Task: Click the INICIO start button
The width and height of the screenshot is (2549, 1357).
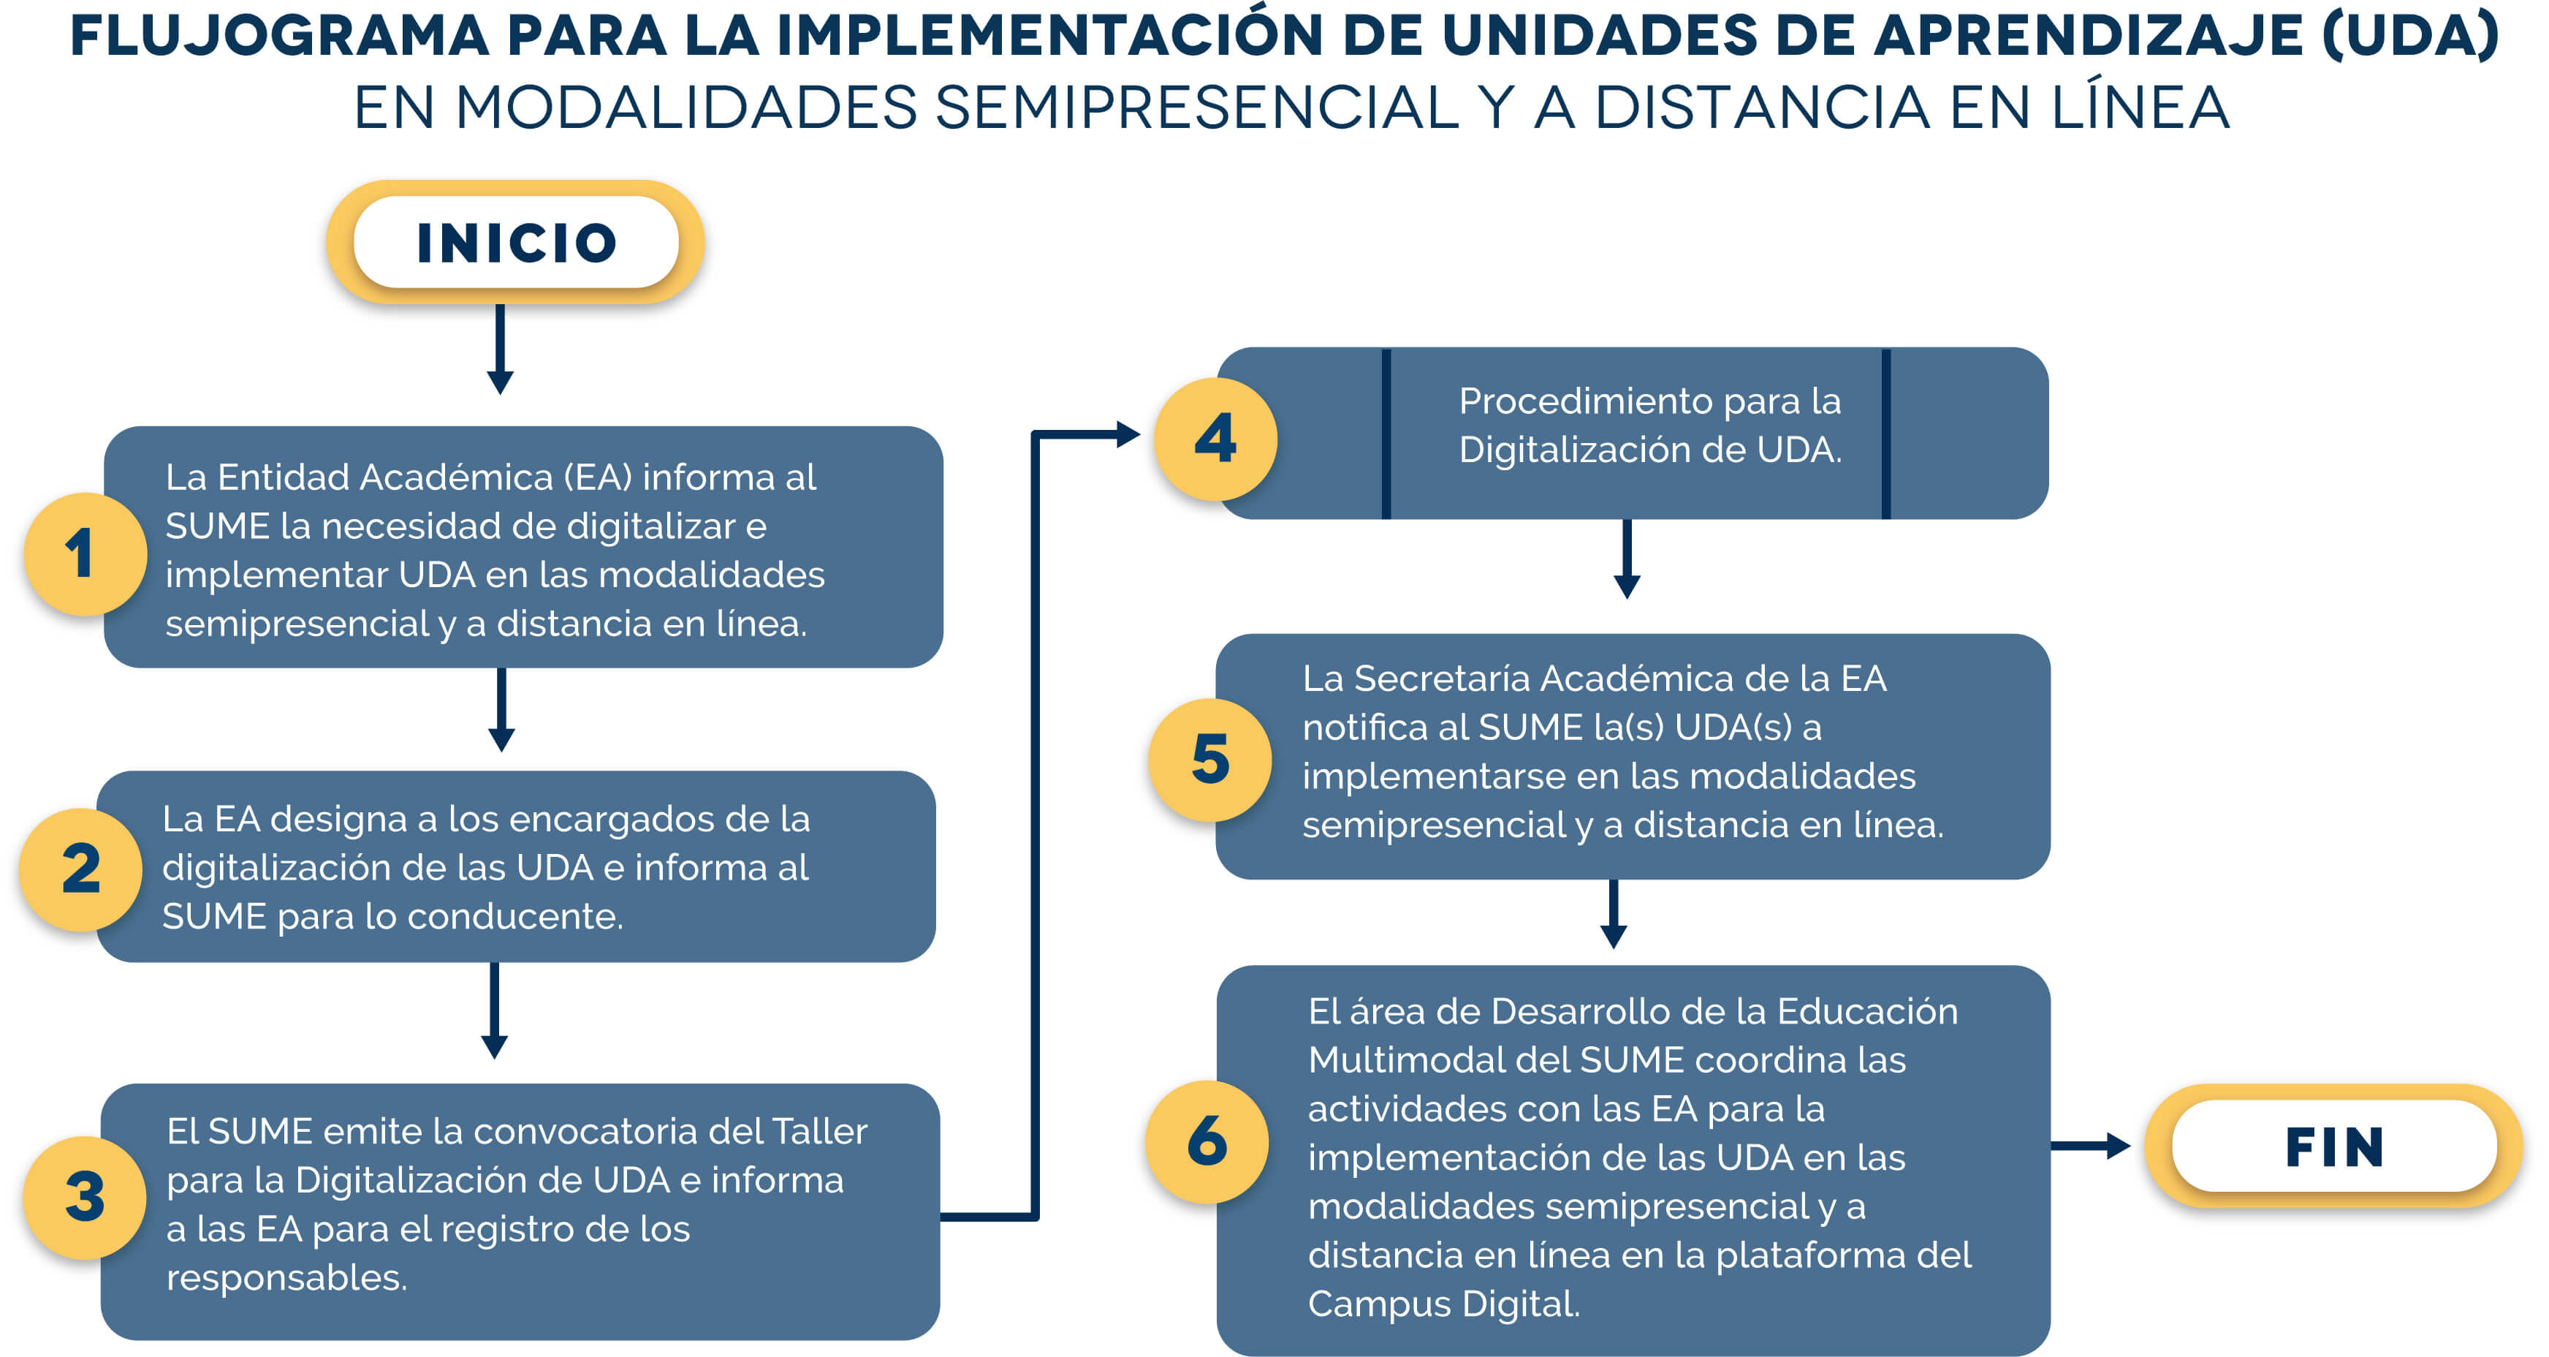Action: [515, 243]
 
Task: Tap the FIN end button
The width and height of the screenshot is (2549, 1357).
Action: [2333, 1146]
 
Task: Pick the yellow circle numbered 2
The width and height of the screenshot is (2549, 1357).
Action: [81, 869]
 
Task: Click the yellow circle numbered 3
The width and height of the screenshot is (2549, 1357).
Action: [85, 1198]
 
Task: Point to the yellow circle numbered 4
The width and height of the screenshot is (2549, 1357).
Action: [1216, 439]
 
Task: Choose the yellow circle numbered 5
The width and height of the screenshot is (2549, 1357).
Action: [1210, 760]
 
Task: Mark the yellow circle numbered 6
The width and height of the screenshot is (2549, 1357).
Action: [1207, 1142]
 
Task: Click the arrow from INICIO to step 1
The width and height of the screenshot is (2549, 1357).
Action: [501, 349]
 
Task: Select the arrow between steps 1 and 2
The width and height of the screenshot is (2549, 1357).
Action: [501, 710]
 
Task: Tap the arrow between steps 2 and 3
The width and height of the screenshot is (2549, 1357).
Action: [495, 1010]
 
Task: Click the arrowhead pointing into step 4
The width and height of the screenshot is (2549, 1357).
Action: [1129, 434]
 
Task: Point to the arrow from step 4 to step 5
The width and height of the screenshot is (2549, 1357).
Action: [1627, 559]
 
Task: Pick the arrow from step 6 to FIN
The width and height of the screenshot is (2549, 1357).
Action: [2091, 1146]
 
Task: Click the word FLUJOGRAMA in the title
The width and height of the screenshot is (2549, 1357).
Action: [280, 37]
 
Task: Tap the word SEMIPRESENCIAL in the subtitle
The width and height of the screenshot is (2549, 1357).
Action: [1196, 107]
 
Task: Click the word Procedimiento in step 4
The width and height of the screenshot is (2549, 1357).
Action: [1585, 401]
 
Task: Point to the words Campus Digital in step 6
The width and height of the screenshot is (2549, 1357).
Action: [1444, 1304]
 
